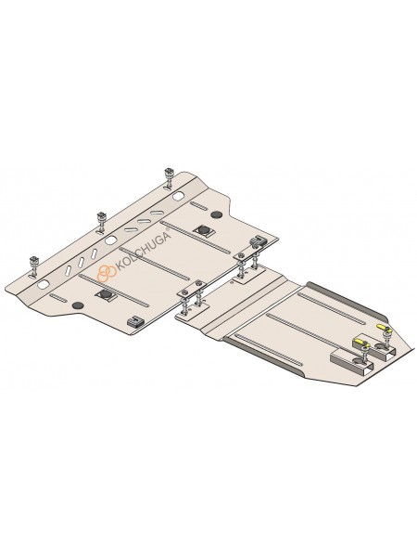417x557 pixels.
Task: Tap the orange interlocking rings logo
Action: click(x=107, y=274)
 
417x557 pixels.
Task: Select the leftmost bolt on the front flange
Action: click(x=35, y=266)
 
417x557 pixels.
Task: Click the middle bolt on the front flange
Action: click(x=101, y=222)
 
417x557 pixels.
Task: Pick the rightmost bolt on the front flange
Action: click(x=168, y=178)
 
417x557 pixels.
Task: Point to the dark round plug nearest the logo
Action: click(x=78, y=305)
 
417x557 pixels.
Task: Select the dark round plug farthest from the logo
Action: click(x=216, y=214)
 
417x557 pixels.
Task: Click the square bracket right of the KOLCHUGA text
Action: click(x=203, y=230)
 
